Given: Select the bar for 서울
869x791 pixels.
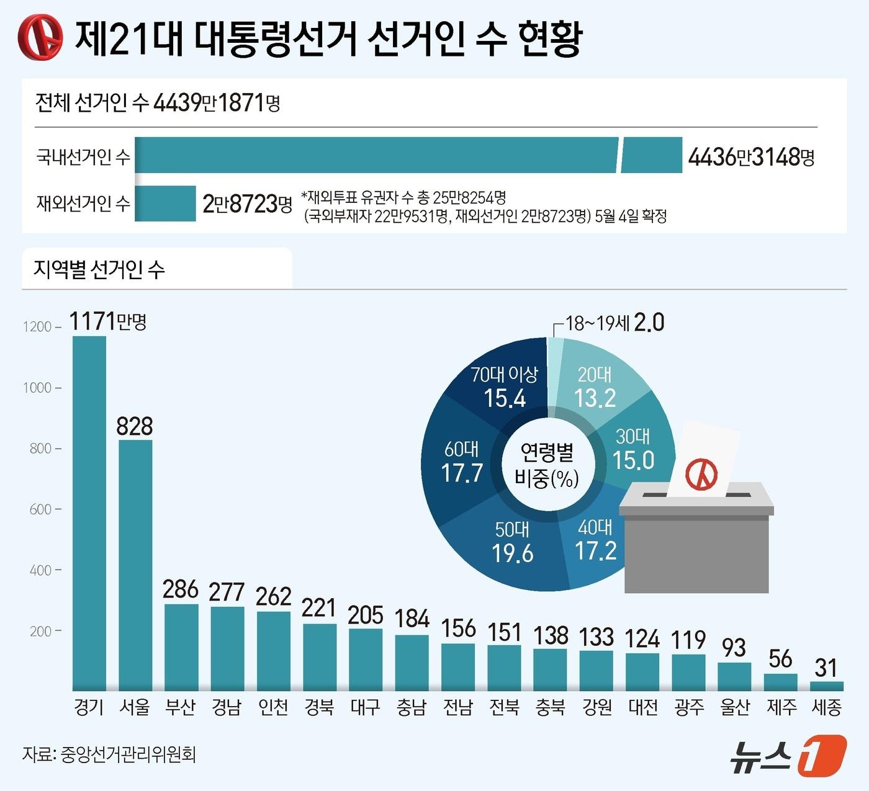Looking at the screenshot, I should click(135, 565).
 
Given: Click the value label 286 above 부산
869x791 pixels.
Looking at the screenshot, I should click(181, 589).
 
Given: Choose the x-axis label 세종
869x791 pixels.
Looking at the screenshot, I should click(827, 707).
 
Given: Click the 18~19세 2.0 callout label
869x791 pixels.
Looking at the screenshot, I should click(615, 323).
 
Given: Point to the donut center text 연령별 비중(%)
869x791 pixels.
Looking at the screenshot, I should click(547, 465).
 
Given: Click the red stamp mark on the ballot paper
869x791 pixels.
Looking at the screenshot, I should click(701, 475).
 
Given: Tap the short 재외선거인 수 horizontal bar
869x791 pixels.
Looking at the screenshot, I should click(165, 203).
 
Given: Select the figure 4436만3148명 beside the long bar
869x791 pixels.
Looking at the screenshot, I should click(751, 157).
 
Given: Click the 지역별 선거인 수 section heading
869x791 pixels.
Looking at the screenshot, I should click(99, 269).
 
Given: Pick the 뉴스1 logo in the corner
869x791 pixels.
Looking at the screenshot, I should click(788, 755).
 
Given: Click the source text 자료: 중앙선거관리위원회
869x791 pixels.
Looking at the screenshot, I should click(109, 754).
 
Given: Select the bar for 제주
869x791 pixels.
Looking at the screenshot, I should click(780, 682).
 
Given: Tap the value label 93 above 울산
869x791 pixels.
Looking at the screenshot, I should click(734, 648).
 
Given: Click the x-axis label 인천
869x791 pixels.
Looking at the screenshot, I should click(273, 707).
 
